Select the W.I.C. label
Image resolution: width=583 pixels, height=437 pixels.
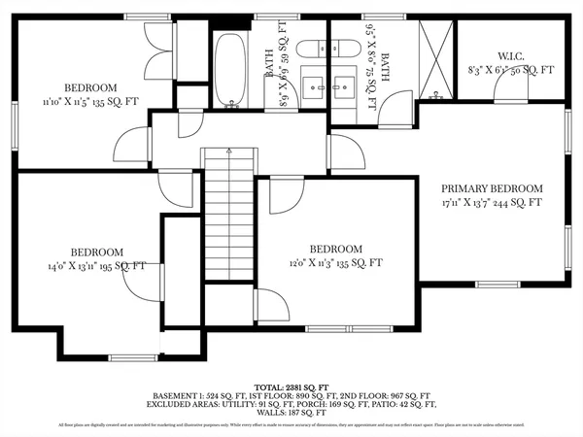pyautogui.click(x=511, y=55)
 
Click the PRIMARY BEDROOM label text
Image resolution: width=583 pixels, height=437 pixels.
pyautogui.click(x=492, y=188)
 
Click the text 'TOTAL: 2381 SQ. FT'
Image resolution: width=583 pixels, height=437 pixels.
pyautogui.click(x=291, y=386)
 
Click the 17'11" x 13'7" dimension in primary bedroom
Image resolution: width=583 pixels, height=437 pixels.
pyautogui.click(x=492, y=203)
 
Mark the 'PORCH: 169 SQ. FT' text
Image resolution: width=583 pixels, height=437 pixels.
pyautogui.click(x=318, y=404)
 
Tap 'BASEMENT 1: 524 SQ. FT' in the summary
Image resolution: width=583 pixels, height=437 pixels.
pyautogui.click(x=199, y=395)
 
